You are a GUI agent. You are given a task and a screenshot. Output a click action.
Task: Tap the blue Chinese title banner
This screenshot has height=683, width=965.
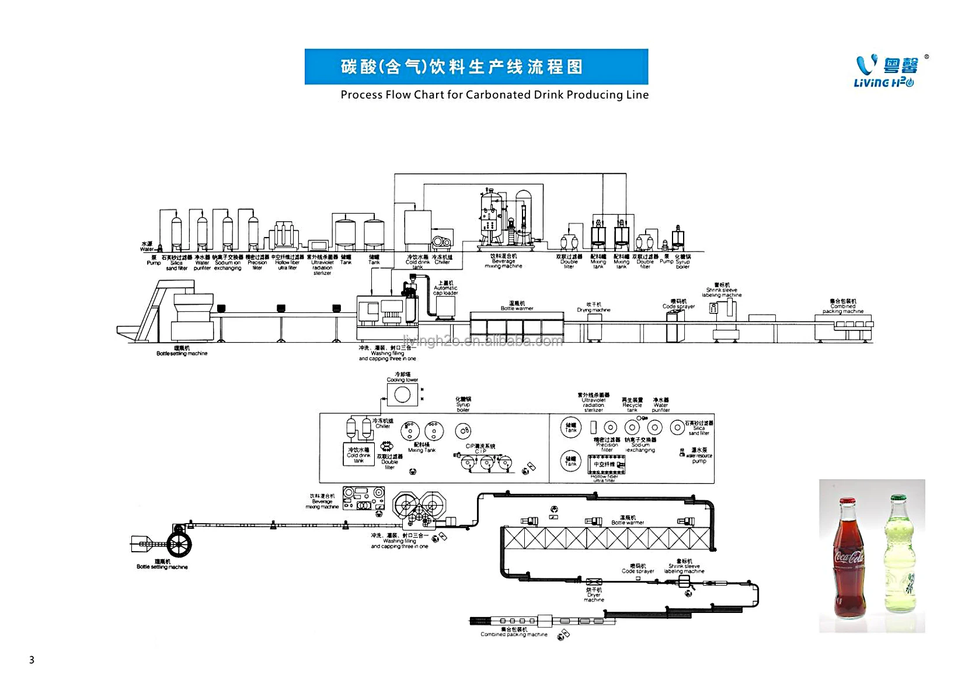click(x=476, y=67)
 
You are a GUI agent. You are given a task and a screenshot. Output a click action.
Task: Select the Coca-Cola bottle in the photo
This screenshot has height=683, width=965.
click(x=848, y=560)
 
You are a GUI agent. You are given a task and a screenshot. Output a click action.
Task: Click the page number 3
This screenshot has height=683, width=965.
click(x=32, y=660)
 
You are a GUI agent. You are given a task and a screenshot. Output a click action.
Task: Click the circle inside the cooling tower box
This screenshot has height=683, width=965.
click(x=402, y=395)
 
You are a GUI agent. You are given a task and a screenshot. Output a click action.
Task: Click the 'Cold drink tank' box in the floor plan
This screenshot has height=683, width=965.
click(x=358, y=454)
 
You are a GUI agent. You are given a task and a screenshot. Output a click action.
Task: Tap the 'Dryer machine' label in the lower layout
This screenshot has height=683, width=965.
click(x=594, y=595)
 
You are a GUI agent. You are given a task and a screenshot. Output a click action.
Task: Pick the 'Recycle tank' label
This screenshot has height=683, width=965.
click(x=632, y=405)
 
